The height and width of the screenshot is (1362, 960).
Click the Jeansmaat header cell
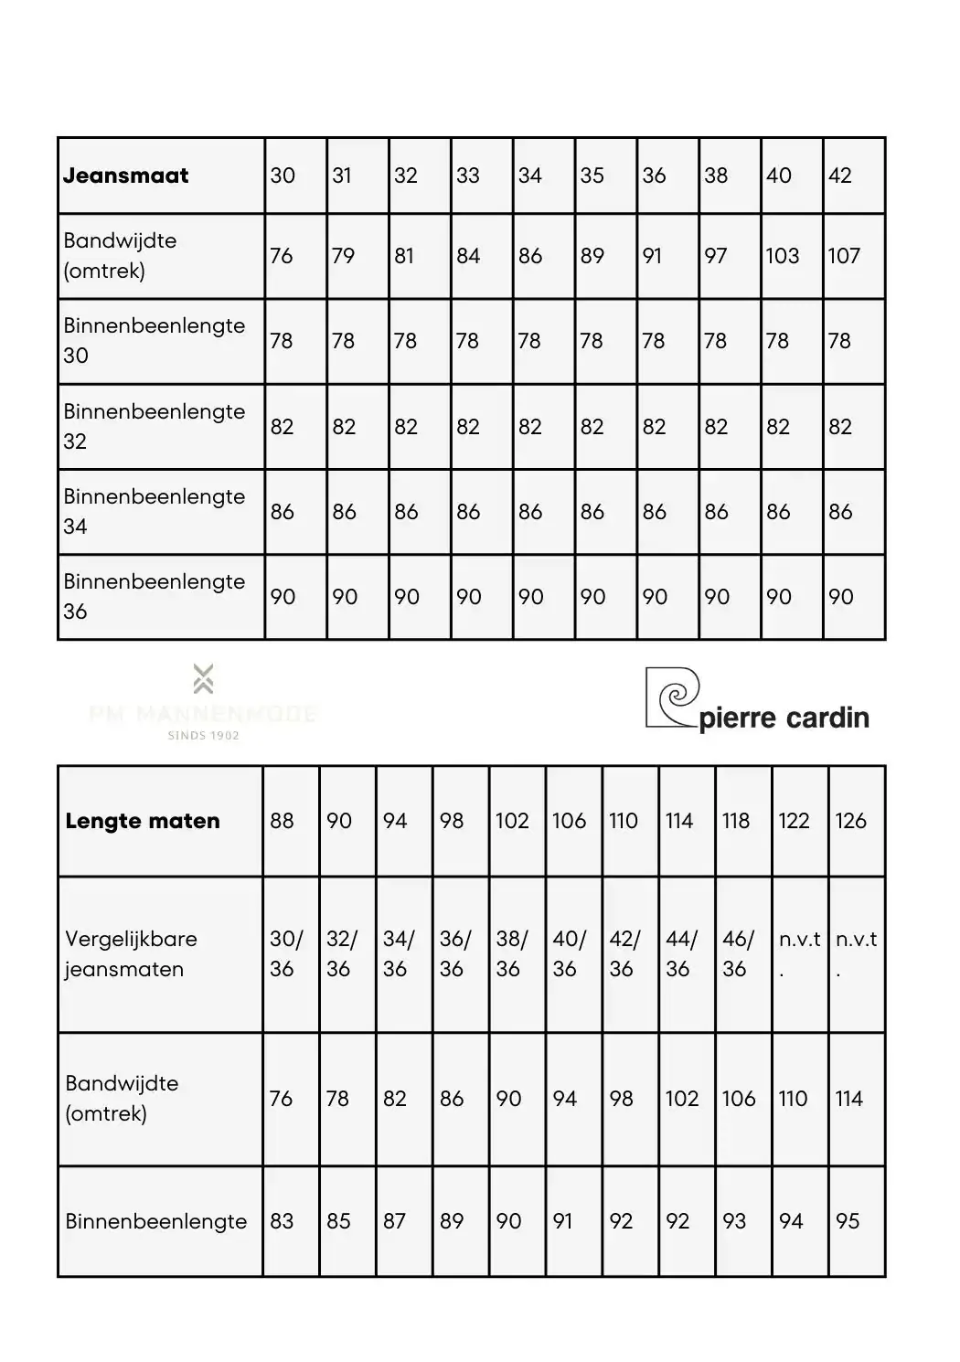(126, 176)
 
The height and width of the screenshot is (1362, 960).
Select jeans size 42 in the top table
(840, 176)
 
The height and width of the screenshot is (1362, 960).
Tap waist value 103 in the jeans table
(783, 256)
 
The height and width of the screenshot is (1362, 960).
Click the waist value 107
(844, 256)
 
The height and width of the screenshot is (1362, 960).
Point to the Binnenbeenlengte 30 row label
(154, 340)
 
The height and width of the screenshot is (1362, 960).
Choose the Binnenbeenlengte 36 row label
(154, 596)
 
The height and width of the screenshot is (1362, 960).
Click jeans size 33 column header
(468, 176)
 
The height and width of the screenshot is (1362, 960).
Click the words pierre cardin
(784, 718)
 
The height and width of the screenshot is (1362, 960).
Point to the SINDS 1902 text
(203, 735)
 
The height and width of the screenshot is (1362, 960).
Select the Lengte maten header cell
(143, 821)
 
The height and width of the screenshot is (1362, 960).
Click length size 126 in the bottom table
(850, 821)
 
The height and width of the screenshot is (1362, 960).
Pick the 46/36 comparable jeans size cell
(738, 953)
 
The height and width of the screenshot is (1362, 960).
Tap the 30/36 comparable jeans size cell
(285, 953)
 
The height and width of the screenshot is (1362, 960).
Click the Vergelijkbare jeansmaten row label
(131, 953)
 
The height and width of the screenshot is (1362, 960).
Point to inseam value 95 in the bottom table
(848, 1221)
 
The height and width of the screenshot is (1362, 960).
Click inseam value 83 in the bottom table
(282, 1221)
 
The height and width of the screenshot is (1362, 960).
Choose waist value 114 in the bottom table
(848, 1099)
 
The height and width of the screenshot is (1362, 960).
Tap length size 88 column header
(282, 821)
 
